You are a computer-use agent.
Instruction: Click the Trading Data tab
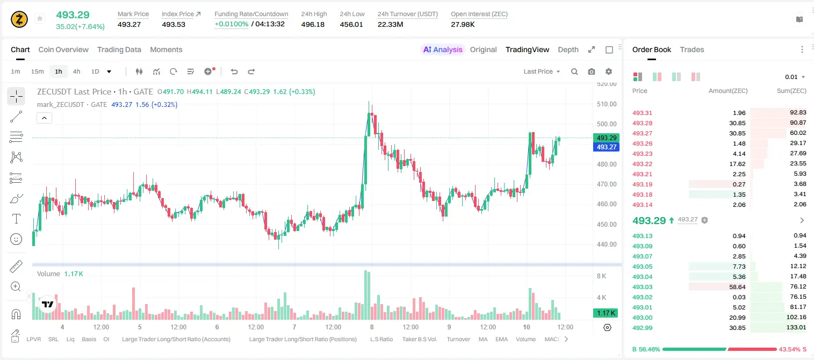[119, 49]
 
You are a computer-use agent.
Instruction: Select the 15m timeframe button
[37, 71]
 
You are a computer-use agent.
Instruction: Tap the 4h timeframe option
[76, 71]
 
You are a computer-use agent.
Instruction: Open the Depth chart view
[568, 49]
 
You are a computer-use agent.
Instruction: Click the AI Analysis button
[443, 49]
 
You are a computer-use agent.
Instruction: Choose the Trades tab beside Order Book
[691, 49]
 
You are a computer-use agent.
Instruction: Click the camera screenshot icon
[591, 71]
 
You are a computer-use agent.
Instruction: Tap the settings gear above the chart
[609, 71]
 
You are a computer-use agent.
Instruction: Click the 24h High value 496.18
[313, 24]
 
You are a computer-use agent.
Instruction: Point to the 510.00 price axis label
[607, 104]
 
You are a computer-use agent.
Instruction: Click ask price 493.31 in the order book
[642, 113]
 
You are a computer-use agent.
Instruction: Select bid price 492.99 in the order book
[642, 328]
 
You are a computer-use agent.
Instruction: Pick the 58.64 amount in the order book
[737, 287]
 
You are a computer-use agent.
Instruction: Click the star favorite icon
[40, 18]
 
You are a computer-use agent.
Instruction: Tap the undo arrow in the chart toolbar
[234, 71]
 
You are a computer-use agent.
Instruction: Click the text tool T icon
[16, 219]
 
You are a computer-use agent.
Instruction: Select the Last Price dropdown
[542, 71]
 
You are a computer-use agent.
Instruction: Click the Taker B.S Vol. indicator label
[419, 339]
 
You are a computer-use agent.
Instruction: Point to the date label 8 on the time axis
[372, 327]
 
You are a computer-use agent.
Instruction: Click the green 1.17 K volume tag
[606, 313]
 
